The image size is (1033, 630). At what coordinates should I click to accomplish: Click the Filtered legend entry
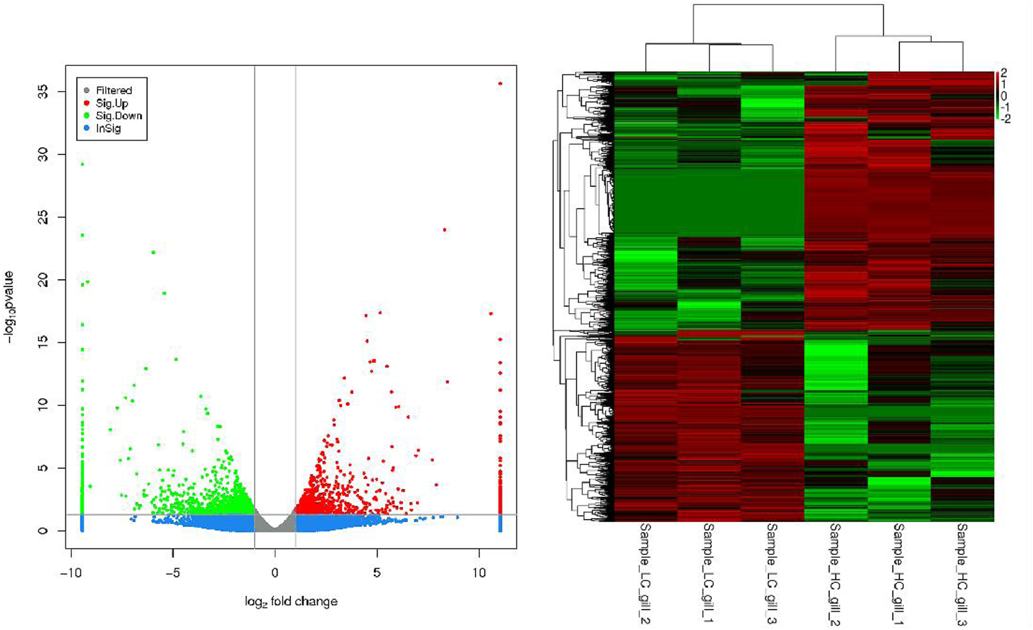pos(114,90)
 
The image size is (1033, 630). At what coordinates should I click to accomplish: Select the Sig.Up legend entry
pos(112,103)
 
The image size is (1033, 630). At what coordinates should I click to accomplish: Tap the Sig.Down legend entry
pos(118,116)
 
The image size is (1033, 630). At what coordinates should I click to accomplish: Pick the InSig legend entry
pos(108,128)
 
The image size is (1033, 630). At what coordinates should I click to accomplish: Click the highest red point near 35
pos(500,84)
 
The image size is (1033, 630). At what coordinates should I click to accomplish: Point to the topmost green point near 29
pos(82,164)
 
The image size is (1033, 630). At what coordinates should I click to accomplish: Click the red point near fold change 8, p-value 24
pos(445,230)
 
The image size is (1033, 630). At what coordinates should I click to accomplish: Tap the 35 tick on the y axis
pos(43,92)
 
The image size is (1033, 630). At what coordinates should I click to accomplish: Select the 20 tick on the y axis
pos(43,280)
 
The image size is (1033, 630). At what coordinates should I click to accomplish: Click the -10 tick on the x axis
pos(71,573)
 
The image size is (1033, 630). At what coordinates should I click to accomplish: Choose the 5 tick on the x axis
pos(377,573)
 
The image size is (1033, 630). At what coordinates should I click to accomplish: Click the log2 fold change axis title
pos(291,601)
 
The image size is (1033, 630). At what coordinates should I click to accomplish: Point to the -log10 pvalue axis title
pos(9,307)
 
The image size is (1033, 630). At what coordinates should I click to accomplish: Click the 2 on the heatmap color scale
pos(1004,73)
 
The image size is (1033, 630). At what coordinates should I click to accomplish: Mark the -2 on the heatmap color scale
pos(1005,119)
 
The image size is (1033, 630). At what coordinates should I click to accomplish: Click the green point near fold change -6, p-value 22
pos(153,253)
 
